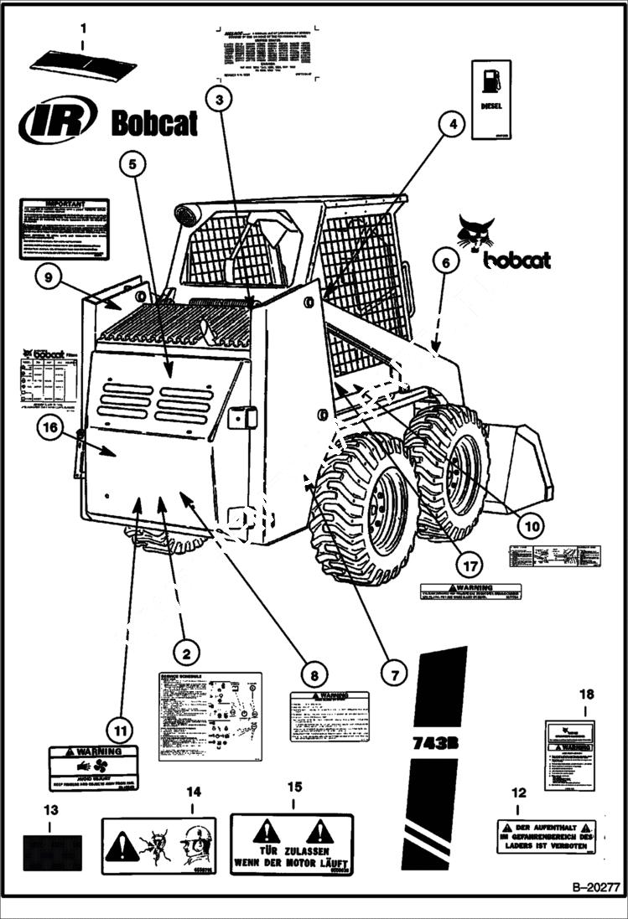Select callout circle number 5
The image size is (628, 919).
pos(132,164)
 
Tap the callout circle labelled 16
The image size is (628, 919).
pos(51,428)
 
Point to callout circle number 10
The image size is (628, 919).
pos(529,525)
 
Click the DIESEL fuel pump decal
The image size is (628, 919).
pos(490,99)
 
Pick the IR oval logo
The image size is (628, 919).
pos(58,121)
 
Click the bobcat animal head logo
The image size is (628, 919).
pos(475,232)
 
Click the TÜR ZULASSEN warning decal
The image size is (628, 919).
pos(292,844)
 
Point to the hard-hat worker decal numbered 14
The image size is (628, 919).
pos(158,846)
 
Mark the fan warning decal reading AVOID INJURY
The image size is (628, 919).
pos(93,768)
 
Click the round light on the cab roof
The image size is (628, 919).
pos(185,214)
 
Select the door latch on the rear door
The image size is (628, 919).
pos(242,416)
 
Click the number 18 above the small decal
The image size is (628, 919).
pos(586,694)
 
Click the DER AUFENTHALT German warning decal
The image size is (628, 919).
pos(546,836)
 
